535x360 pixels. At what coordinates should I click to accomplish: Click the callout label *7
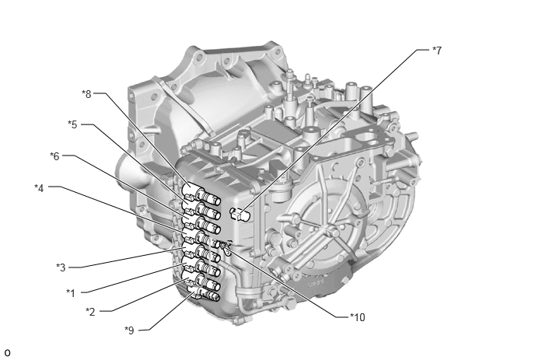[437, 51]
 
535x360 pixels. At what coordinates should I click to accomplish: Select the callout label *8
[86, 94]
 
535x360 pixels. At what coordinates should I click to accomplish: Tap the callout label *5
[72, 124]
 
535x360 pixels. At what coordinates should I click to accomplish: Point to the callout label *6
[54, 156]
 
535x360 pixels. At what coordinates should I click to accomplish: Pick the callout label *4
[39, 188]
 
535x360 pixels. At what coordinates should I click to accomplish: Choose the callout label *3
[61, 267]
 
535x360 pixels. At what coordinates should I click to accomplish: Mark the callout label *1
[71, 293]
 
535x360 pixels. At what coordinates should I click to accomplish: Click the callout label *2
[90, 312]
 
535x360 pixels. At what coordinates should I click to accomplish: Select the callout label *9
[129, 330]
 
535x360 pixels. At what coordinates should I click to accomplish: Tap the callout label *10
[358, 317]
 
